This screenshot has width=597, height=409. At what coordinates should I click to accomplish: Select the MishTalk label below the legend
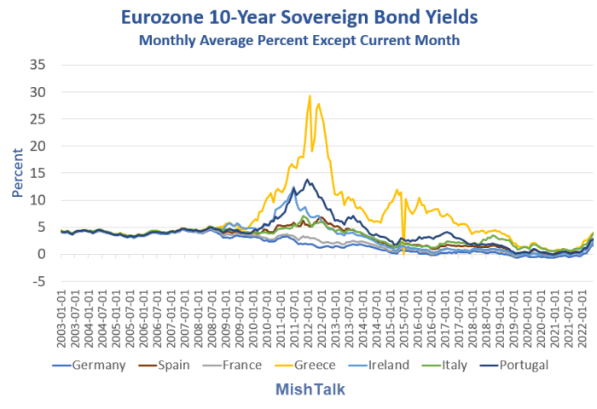(298, 389)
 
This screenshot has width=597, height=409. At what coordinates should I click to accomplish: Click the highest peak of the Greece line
(310, 95)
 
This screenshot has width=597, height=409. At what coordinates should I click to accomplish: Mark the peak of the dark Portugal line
(307, 179)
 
